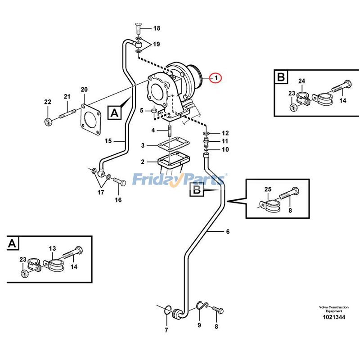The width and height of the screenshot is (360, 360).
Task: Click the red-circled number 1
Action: pos(216,78)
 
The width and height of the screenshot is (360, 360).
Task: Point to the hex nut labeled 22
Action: pos(48,121)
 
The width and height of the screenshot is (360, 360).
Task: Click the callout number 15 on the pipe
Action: pos(108,141)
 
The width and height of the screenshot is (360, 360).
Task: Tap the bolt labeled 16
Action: pos(118,182)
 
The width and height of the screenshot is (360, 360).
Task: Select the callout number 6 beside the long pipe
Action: pos(228,232)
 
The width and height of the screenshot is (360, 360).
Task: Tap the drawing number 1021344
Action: pos(333,318)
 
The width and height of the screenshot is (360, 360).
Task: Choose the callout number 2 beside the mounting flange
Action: pos(143,162)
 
